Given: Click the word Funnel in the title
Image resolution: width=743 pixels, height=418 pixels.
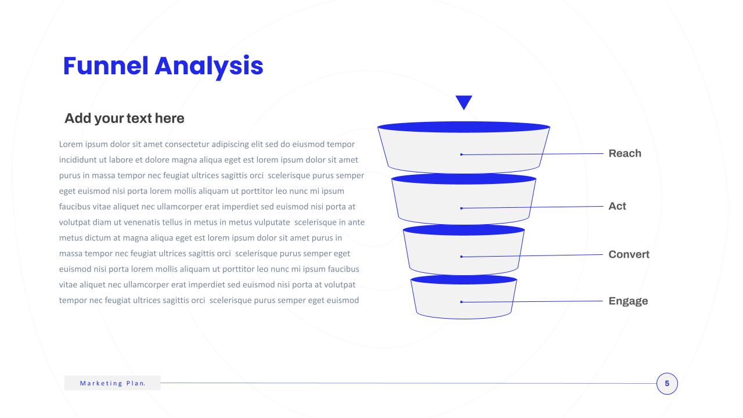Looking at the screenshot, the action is tap(106, 66).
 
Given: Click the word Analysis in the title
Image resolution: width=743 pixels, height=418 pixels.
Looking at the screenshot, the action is tap(209, 67).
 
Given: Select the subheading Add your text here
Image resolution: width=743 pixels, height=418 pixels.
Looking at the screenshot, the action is tap(124, 118).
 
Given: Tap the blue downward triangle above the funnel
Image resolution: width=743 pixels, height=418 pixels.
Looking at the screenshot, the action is tap(464, 102).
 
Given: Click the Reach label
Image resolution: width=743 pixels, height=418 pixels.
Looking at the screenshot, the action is tap(625, 153).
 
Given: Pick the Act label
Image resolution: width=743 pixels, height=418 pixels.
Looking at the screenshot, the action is tap(617, 206).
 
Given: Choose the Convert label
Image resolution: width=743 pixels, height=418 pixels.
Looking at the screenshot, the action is tap(629, 254).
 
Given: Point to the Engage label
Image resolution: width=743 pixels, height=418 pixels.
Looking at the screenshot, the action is tap(628, 301).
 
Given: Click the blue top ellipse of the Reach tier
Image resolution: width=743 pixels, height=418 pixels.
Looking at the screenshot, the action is tap(464, 127).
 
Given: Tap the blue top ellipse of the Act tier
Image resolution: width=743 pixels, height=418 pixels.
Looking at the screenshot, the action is tap(464, 178).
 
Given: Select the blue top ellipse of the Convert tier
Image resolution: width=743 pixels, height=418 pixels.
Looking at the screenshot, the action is tap(464, 229).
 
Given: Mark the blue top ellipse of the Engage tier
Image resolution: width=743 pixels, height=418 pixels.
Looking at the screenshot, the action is tap(464, 279).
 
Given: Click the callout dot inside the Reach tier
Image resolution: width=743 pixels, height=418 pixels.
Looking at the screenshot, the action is tap(461, 154).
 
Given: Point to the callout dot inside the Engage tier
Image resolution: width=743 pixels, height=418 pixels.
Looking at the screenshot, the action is tap(461, 302).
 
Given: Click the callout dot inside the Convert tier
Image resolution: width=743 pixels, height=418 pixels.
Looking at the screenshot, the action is tap(461, 257).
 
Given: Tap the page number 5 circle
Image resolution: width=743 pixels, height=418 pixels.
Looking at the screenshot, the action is tap(667, 384).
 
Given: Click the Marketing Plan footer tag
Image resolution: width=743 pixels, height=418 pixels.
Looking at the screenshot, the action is tap(113, 383).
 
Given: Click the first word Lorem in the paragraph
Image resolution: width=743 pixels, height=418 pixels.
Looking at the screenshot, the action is tap(71, 145).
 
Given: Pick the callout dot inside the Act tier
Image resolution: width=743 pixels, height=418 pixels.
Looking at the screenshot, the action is tap(461, 208).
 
